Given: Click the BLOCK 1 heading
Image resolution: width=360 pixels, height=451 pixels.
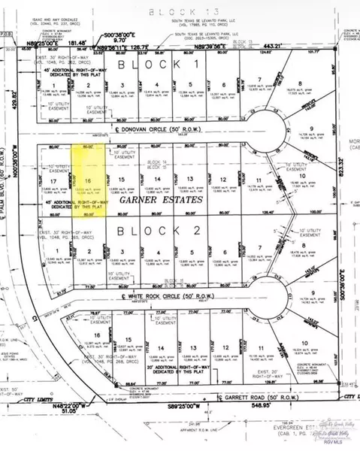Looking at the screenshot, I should (159, 66).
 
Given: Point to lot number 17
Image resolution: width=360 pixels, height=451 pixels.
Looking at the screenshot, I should (54, 181).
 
